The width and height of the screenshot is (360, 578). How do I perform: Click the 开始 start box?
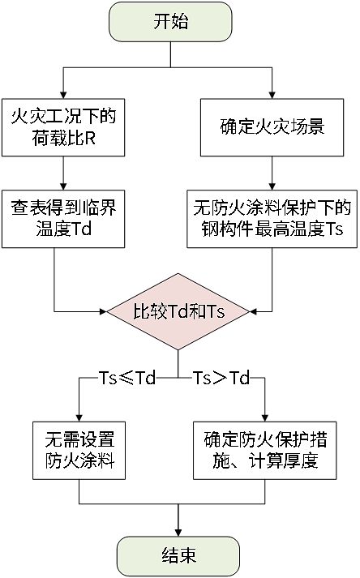(x=170, y=23)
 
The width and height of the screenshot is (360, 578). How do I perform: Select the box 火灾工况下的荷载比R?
(x=62, y=127)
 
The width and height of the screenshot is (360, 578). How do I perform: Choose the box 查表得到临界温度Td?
(x=62, y=219)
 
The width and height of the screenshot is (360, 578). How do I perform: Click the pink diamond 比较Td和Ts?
(x=178, y=310)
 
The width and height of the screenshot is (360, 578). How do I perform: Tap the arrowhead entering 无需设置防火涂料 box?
(x=79, y=416)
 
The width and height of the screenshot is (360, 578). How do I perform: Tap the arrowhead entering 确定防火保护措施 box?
(x=265, y=416)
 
